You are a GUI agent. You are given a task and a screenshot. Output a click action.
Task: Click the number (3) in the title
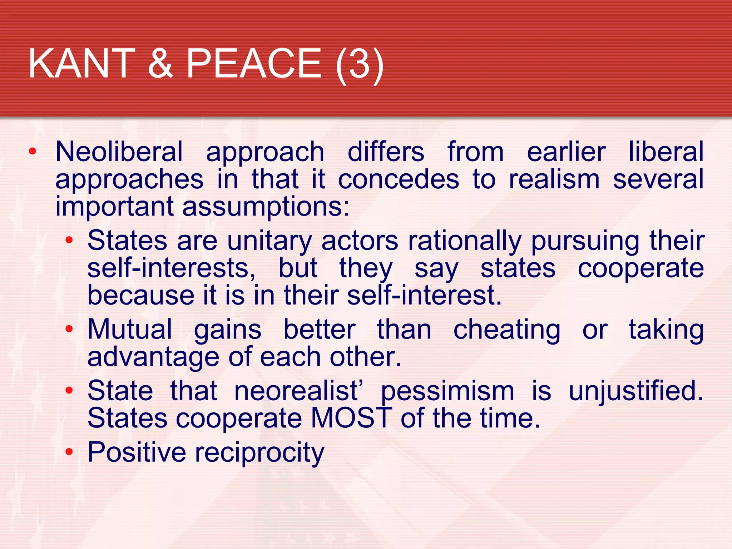360,64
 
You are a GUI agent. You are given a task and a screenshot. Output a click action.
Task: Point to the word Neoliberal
119,152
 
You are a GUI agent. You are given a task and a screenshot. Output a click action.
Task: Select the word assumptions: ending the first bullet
266,207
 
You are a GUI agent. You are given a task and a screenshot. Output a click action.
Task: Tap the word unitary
269,242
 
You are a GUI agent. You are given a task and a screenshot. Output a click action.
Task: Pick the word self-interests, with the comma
172,268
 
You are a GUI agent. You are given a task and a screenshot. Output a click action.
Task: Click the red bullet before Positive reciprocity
69,452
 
